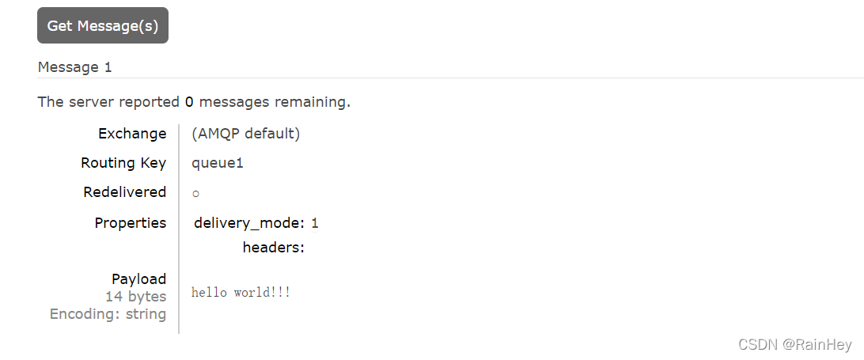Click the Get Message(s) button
tap(103, 25)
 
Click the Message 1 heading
tap(74, 67)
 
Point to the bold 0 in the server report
tap(189, 101)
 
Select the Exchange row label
tap(132, 133)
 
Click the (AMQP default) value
tap(245, 133)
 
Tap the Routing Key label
tap(123, 162)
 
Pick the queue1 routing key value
tap(218, 163)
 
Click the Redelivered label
tap(124, 191)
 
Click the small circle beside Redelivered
tap(195, 194)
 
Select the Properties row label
tap(131, 222)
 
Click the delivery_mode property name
tap(249, 222)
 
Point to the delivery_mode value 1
tap(315, 222)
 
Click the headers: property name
tap(274, 248)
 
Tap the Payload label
tap(138, 279)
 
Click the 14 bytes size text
tap(136, 296)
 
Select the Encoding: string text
tap(108, 314)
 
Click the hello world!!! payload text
tap(241, 293)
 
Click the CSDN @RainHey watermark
tap(794, 344)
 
